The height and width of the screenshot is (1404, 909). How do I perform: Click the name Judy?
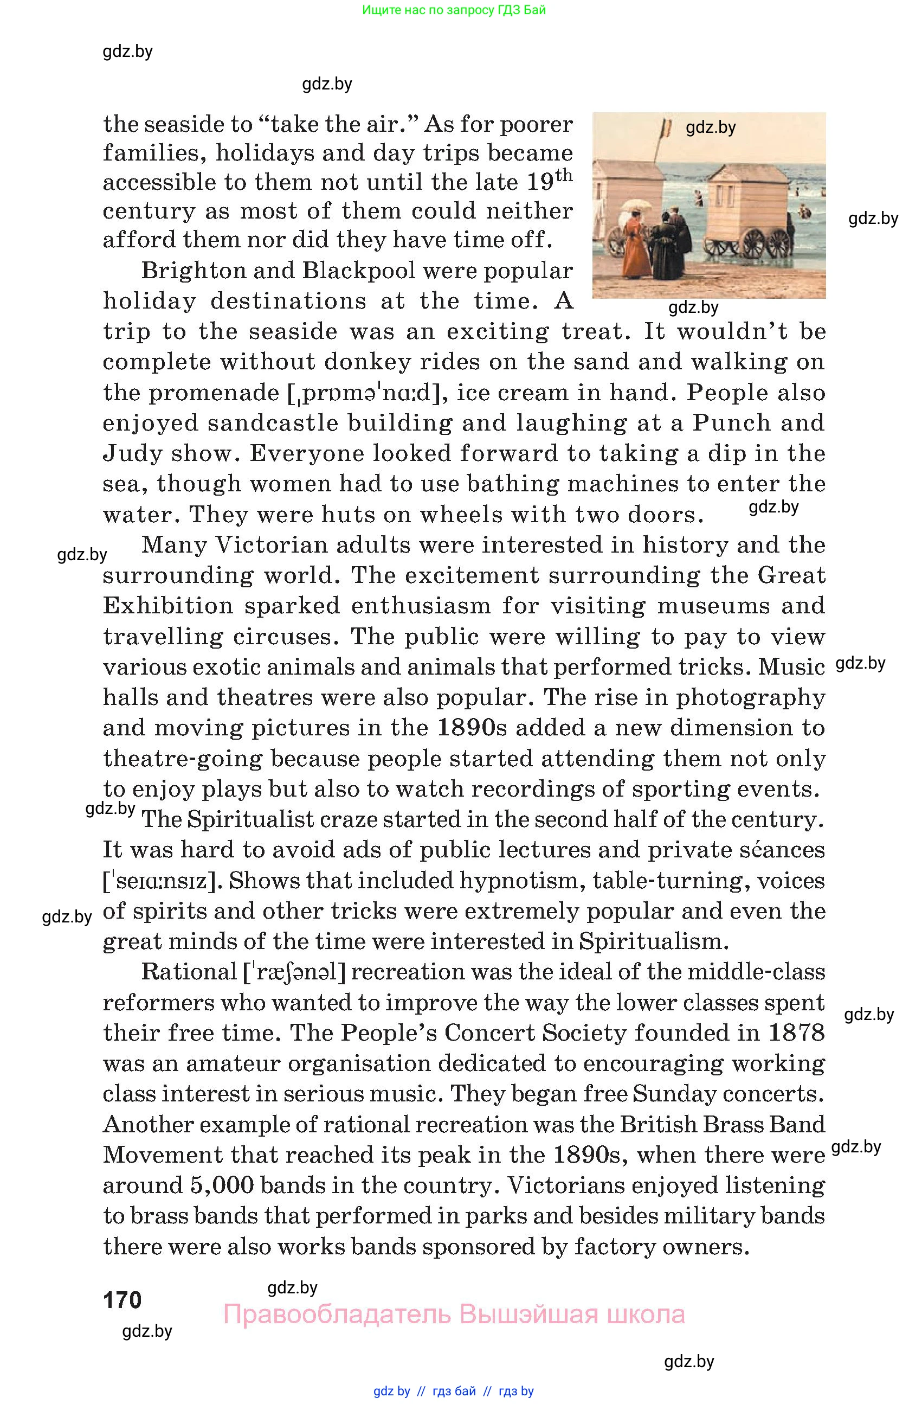(132, 454)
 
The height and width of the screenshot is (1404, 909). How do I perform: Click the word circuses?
(287, 637)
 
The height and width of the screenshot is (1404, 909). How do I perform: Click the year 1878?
(796, 1033)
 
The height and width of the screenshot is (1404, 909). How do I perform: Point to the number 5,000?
(222, 1185)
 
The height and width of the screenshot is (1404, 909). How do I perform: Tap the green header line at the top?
(454, 9)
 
